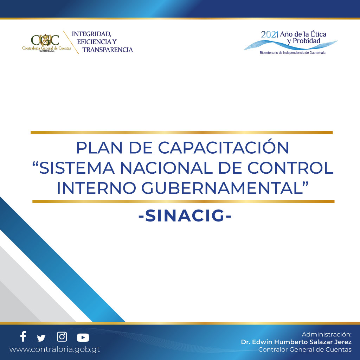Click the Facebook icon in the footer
click(23, 336)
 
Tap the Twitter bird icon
click(41, 338)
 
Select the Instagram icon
click(62, 337)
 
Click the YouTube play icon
click(83, 337)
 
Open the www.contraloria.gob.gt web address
click(54, 349)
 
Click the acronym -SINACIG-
click(185, 216)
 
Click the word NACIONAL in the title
click(166, 168)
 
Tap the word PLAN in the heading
click(99, 148)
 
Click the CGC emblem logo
click(45, 40)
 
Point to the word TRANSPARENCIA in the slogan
click(108, 50)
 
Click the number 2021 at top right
click(270, 35)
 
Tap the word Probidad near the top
click(307, 41)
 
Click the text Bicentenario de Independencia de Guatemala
click(292, 53)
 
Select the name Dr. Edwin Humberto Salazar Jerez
click(296, 342)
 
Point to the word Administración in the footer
click(327, 334)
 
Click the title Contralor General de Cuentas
click(305, 349)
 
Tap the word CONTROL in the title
click(290, 168)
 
